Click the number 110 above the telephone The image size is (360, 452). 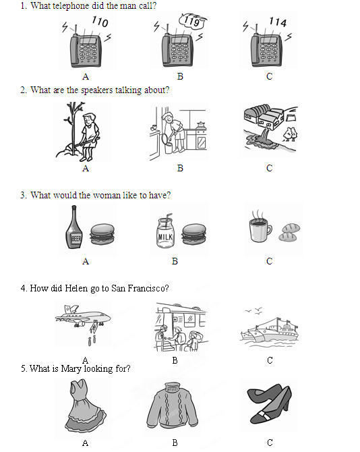coord(100,22)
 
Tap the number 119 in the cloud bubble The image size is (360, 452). coord(192,21)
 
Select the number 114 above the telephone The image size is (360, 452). coord(278,22)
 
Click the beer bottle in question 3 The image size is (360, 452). coord(74,227)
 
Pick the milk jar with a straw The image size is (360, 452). coord(165,231)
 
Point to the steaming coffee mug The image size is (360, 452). coord(260,227)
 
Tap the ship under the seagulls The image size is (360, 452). coord(269,331)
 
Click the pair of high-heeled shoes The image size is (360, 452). coord(269,403)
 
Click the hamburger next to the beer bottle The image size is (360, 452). coord(102,234)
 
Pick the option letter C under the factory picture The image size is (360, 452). coord(269,168)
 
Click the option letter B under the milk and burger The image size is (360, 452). coord(175,261)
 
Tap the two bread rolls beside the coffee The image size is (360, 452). coord(289,232)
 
